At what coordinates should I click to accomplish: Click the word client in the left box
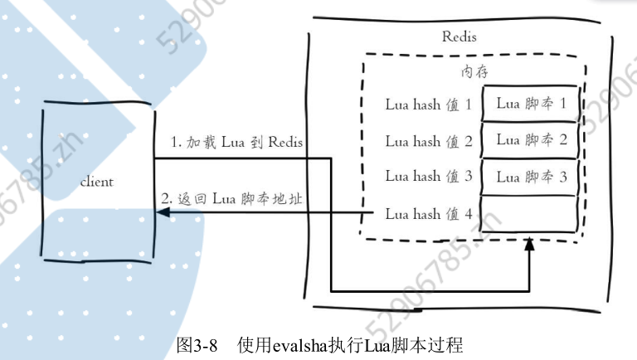[96, 182]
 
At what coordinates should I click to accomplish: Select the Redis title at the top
[460, 37]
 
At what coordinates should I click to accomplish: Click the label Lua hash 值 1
[428, 105]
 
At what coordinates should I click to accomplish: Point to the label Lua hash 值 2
[428, 141]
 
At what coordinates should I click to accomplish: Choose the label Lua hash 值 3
[428, 176]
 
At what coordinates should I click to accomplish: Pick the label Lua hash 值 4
[428, 214]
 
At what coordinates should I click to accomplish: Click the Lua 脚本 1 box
[531, 104]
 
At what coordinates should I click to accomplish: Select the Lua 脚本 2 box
[531, 139]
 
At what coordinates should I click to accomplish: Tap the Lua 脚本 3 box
[531, 176]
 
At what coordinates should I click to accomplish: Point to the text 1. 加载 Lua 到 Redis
[236, 143]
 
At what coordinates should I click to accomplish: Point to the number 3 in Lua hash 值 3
[469, 176]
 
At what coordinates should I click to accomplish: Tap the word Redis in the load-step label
[284, 143]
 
